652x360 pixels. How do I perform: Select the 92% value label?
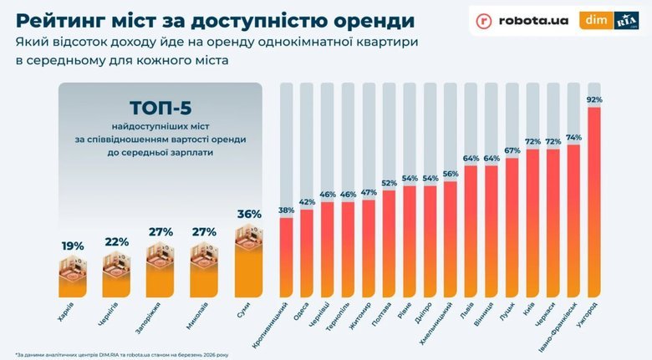click(594, 99)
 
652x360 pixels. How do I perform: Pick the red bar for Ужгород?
click(594, 200)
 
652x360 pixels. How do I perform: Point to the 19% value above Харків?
click(73, 246)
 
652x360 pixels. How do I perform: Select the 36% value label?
click(248, 214)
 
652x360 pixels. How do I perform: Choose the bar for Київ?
click(532, 221)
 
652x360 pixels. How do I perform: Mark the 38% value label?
click(286, 210)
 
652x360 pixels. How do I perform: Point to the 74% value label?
click(573, 138)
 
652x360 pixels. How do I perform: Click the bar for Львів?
click(471, 230)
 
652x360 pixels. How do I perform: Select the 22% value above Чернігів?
click(116, 241)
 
